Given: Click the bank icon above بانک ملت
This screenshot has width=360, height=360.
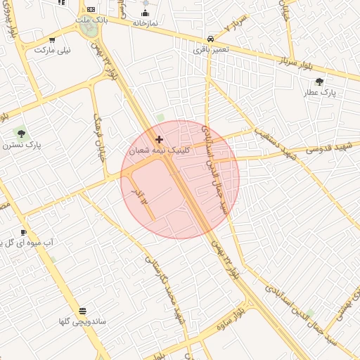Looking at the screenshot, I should pos(91,9).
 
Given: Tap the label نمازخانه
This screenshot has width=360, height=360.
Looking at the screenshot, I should pos(145,22).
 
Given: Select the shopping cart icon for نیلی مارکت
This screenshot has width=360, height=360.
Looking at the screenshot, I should pos(52,39).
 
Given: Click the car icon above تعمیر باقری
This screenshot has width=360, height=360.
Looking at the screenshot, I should pos(211,39).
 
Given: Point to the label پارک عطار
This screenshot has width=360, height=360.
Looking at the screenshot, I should pos(320,92).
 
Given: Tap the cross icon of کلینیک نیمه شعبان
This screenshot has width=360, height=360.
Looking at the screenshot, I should pos(159,139).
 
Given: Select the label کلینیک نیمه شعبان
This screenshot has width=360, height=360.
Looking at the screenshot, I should pos(158,150).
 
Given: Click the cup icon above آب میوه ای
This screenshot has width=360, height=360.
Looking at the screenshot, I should pos(23,232).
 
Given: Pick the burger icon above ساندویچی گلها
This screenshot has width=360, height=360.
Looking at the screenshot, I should pos(83,310).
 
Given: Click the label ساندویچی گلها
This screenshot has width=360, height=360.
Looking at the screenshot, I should pos(82,321).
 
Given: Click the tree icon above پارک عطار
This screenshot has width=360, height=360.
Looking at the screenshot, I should pos(320,82).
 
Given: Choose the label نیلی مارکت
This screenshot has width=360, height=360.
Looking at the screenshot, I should pos(53,50).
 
